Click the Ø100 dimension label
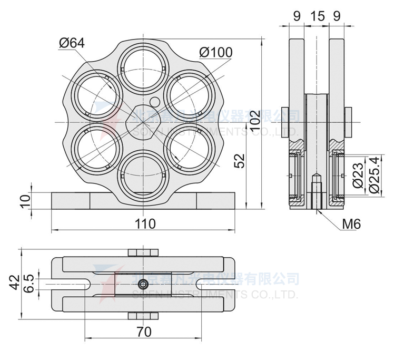pyautogui.click(x=216, y=52)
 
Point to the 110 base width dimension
pyautogui.click(x=145, y=223)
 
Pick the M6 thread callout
pyautogui.click(x=351, y=224)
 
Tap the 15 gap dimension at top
pyautogui.click(x=317, y=16)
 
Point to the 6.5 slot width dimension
pyautogui.click(x=31, y=285)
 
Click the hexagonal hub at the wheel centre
pyautogui.click(x=143, y=122)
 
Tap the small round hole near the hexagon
pyautogui.click(x=155, y=102)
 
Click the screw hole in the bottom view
pyautogui.click(x=143, y=285)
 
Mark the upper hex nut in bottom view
pyautogui.click(x=143, y=252)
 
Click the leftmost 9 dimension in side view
pyautogui.click(x=297, y=16)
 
